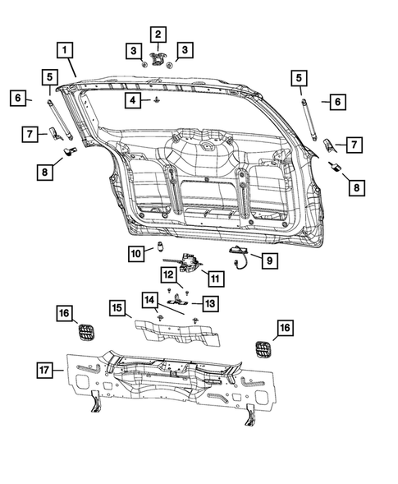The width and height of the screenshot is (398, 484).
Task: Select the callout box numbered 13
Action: (x=210, y=304)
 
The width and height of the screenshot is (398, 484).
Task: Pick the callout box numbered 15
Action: (x=119, y=309)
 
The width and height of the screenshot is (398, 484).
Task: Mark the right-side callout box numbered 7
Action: (x=354, y=145)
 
